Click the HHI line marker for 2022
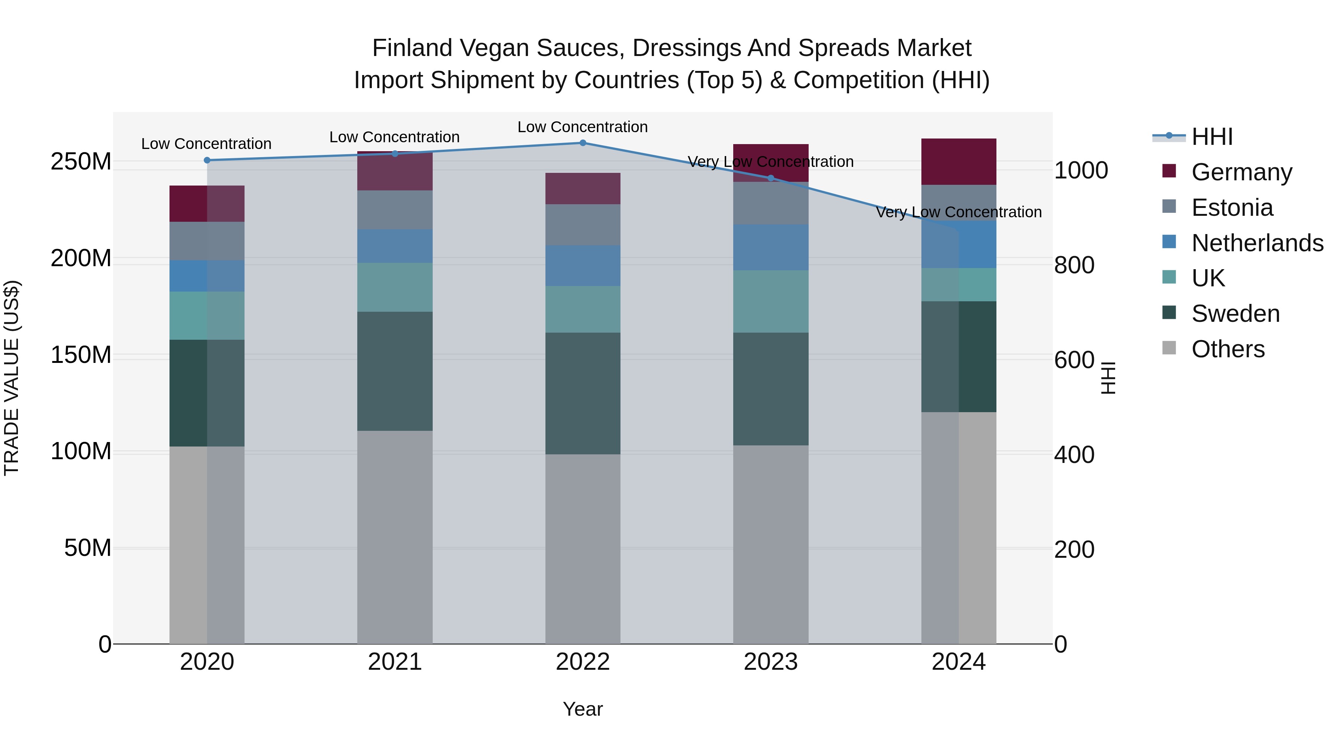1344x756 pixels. pyautogui.click(x=583, y=143)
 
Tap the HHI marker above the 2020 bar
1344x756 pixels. pyautogui.click(x=207, y=160)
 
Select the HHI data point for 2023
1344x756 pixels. pyautogui.click(x=771, y=178)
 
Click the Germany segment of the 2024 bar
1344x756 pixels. pyautogui.click(x=958, y=162)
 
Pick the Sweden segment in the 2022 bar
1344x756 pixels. pyautogui.click(x=583, y=393)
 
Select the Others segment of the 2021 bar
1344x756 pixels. pyautogui.click(x=395, y=537)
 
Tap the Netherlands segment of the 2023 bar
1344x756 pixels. pyautogui.click(x=771, y=247)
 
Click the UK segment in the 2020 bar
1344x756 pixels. pyautogui.click(x=207, y=315)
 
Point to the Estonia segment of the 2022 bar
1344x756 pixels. pyautogui.click(x=583, y=225)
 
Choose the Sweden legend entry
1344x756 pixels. pyautogui.click(x=1221, y=314)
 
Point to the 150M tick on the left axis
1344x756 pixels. pyautogui.click(x=81, y=355)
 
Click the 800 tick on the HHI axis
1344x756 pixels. pyautogui.click(x=1074, y=265)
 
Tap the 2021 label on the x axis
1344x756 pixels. pyautogui.click(x=395, y=662)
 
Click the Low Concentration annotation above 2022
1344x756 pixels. pyautogui.click(x=583, y=127)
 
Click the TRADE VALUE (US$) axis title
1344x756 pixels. pyautogui.click(x=12, y=378)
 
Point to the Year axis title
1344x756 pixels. pyautogui.click(x=583, y=709)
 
